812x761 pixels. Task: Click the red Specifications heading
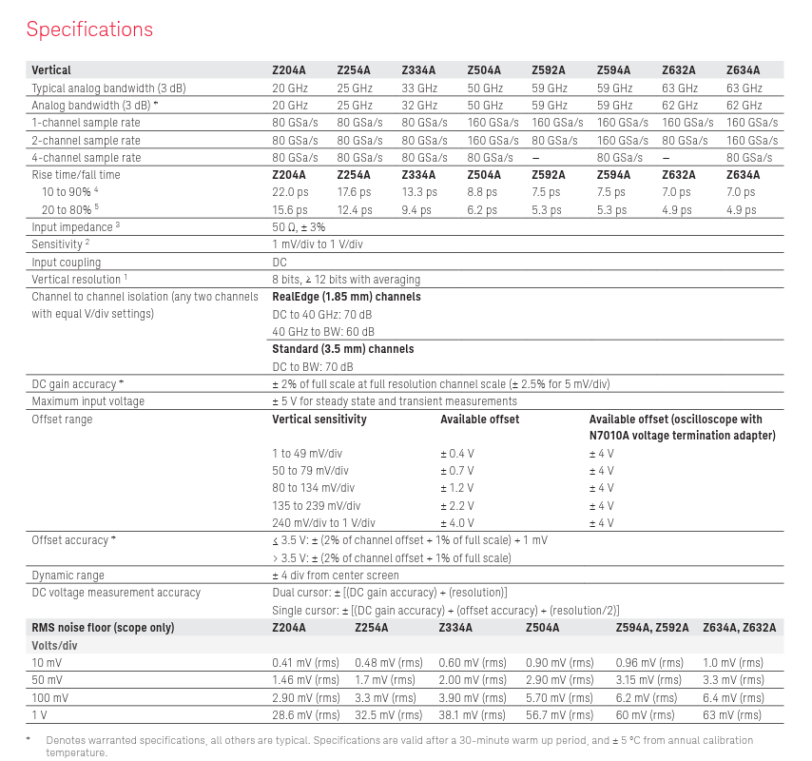[89, 29]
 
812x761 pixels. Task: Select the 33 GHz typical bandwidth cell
[419, 88]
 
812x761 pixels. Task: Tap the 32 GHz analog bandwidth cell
[419, 105]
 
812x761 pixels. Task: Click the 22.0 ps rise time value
[290, 192]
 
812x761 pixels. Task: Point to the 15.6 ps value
[290, 210]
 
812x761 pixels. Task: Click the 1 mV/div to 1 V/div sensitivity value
[318, 244]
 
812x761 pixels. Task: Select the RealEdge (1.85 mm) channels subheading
[346, 297]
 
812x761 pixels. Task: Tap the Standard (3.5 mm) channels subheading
[343, 349]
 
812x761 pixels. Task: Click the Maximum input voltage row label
[88, 401]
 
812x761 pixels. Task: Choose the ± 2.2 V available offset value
[456, 506]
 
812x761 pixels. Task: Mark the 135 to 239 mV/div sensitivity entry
[310, 506]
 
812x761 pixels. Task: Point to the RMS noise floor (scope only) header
[104, 628]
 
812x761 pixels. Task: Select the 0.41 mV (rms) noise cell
[305, 662]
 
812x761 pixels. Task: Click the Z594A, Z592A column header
[652, 628]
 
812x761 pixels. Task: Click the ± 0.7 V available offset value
[456, 471]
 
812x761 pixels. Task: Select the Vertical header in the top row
[51, 69]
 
